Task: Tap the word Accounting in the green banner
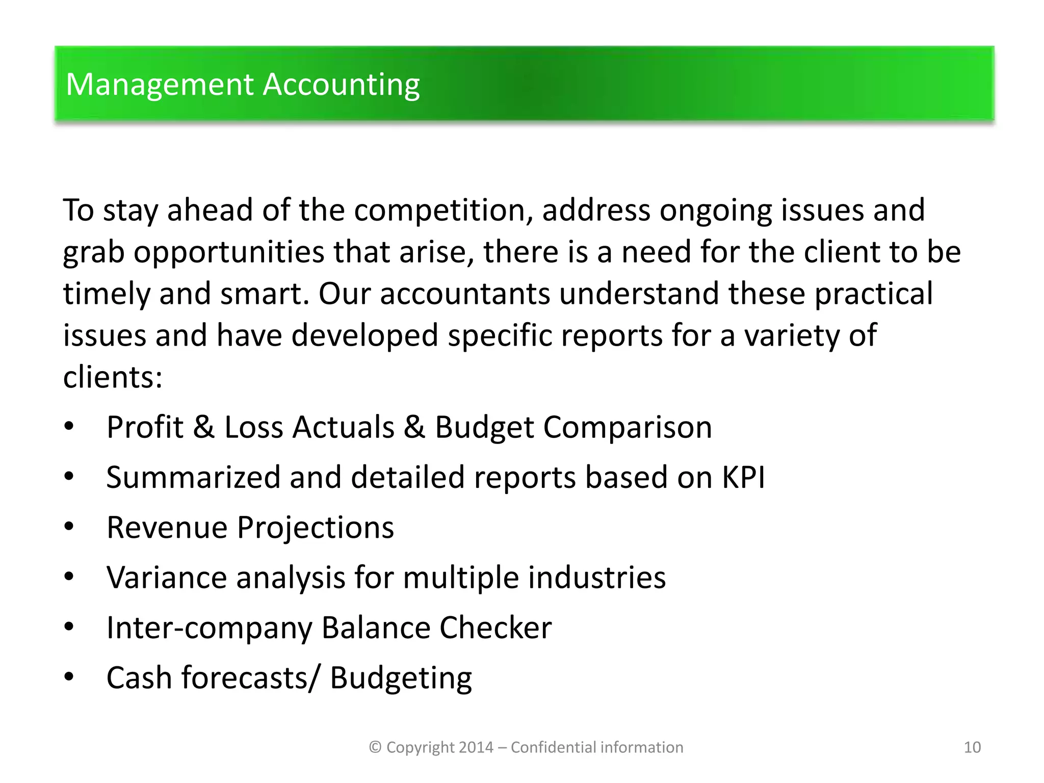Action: pyautogui.click(x=341, y=85)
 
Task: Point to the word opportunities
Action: pyautogui.click(x=229, y=252)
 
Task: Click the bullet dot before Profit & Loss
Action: pyautogui.click(x=69, y=426)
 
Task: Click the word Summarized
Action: pyautogui.click(x=193, y=477)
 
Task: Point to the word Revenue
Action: pyautogui.click(x=167, y=527)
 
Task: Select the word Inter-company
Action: pyautogui.click(x=209, y=628)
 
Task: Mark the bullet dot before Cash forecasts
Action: pyautogui.click(x=69, y=677)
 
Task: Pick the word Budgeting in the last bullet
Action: pyautogui.click(x=401, y=678)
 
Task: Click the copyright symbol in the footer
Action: pyautogui.click(x=375, y=747)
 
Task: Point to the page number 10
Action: pyautogui.click(x=972, y=747)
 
